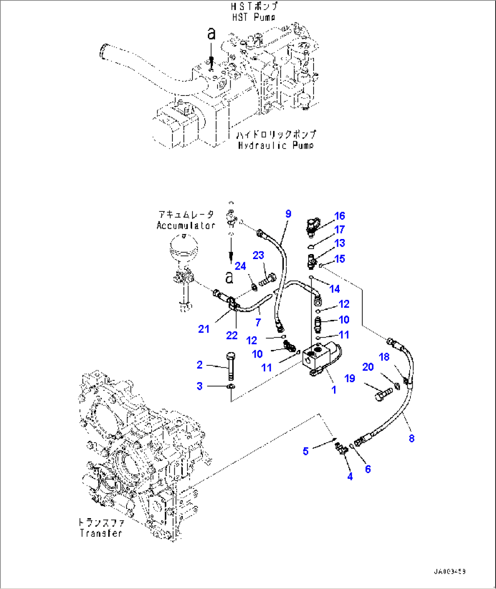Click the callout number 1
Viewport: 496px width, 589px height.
click(334, 389)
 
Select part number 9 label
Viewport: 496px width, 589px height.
click(288, 214)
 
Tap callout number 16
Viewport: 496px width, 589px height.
click(339, 216)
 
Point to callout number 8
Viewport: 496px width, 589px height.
click(411, 438)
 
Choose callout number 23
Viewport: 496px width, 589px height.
click(258, 255)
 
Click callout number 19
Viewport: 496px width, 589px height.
click(349, 378)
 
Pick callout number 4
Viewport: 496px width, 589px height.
click(349, 476)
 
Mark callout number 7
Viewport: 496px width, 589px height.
click(258, 322)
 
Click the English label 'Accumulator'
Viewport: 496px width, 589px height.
click(186, 225)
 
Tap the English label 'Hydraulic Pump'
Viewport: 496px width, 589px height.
click(275, 145)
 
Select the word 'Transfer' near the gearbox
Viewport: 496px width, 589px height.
click(101, 533)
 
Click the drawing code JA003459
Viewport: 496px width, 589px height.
click(450, 571)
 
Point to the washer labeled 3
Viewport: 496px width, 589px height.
click(231, 386)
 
